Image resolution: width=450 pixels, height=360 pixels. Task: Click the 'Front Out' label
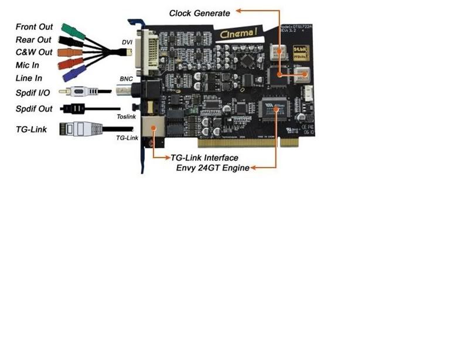point(34,27)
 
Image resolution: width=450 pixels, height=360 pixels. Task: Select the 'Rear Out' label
point(33,40)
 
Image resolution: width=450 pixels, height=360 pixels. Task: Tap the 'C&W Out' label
point(33,53)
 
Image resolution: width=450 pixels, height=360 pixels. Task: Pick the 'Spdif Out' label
point(34,108)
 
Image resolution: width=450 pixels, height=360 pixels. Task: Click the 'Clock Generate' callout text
point(200,12)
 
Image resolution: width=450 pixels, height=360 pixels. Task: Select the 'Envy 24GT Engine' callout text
point(213,168)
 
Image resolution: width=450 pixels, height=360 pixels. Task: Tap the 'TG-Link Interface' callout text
point(204,158)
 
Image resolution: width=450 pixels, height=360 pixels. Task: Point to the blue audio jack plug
point(76,73)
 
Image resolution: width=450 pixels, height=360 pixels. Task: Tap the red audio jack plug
point(73,63)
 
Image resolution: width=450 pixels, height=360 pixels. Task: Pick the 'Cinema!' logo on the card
point(238,34)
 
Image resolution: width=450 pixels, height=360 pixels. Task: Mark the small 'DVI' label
point(127,42)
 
